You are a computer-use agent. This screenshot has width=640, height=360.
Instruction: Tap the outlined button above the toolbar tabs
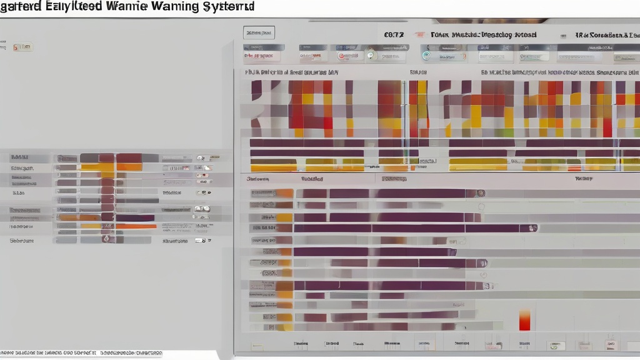pyautogui.click(x=259, y=32)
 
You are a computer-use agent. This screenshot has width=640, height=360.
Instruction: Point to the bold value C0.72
pyautogui.click(x=394, y=35)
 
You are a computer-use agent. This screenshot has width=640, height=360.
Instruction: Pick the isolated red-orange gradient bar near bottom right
pyautogui.click(x=524, y=319)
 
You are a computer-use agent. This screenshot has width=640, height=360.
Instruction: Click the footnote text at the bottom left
pyautogui.click(x=81, y=353)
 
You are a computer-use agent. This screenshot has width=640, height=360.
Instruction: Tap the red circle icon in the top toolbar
pyautogui.click(x=343, y=56)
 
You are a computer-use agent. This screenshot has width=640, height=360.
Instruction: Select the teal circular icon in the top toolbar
pyautogui.click(x=426, y=56)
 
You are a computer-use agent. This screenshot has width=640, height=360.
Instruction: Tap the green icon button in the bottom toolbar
pyautogui.click(x=554, y=345)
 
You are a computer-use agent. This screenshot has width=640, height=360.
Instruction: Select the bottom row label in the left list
pyautogui.click(x=22, y=240)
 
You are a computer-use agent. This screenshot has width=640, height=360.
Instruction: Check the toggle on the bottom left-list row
pyautogui.click(x=201, y=240)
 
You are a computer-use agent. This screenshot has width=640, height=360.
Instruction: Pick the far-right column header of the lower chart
pyautogui.click(x=583, y=179)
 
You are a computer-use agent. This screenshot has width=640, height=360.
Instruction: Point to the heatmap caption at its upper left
pyautogui.click(x=291, y=72)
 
